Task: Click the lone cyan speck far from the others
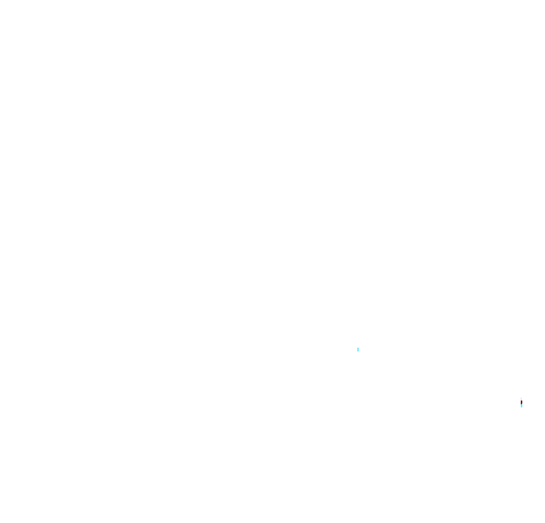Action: click(x=358, y=349)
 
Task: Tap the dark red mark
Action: click(x=521, y=402)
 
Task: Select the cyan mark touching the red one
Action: click(x=522, y=406)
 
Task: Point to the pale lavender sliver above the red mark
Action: click(x=521, y=398)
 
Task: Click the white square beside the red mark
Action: click(x=515, y=401)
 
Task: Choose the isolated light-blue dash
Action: click(x=358, y=349)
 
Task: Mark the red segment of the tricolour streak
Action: click(x=521, y=402)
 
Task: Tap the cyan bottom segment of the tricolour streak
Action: click(x=522, y=406)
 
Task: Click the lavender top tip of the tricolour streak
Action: click(x=521, y=398)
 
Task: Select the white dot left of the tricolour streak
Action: click(x=515, y=401)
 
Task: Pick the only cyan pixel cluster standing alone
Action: click(x=358, y=349)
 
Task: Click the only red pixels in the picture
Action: click(x=521, y=402)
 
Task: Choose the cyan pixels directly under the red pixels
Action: click(x=522, y=406)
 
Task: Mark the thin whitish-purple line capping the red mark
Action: click(x=521, y=398)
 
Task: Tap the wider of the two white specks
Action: click(x=515, y=401)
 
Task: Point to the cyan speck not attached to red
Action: click(x=358, y=349)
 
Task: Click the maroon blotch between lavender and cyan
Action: click(x=521, y=402)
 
